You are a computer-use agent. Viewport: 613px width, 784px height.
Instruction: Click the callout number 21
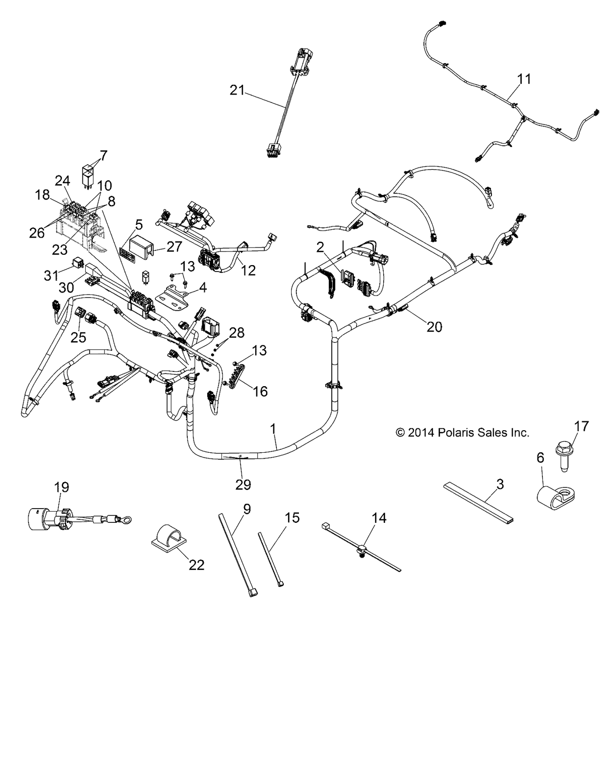point(237,90)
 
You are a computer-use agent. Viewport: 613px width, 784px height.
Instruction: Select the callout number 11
point(524,79)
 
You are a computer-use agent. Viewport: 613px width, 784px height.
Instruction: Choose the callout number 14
point(379,518)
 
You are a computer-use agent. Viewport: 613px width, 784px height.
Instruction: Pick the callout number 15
point(292,518)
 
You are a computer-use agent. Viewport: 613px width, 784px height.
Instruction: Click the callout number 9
point(246,509)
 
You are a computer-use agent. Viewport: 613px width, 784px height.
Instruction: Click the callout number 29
point(243,484)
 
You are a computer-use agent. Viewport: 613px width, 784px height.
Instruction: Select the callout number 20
point(435,326)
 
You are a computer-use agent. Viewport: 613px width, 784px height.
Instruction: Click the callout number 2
point(320,247)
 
